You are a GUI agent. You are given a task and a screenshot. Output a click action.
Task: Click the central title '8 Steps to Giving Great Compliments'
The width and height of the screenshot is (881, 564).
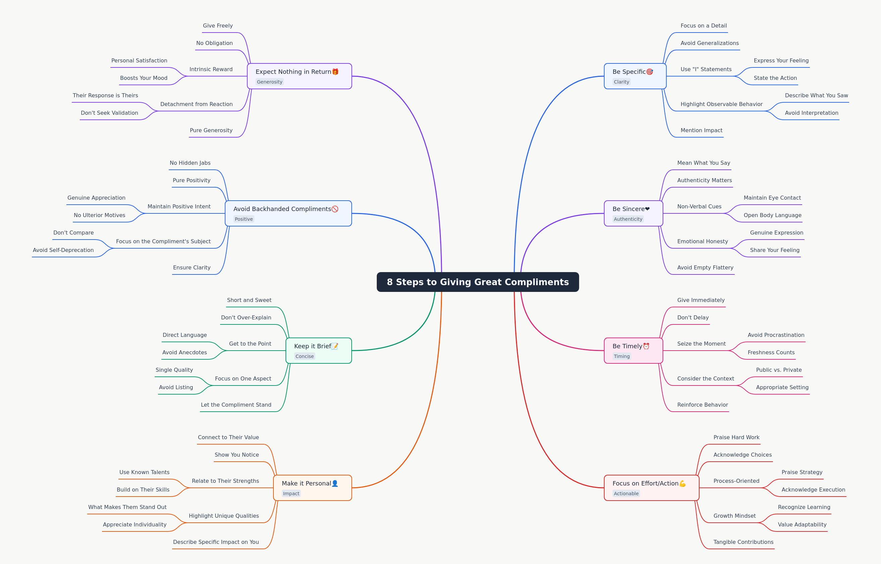(x=477, y=282)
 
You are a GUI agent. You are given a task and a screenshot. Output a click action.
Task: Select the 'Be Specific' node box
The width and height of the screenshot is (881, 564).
(x=635, y=76)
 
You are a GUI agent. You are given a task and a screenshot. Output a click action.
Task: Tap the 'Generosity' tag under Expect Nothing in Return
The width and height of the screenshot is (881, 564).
(x=269, y=82)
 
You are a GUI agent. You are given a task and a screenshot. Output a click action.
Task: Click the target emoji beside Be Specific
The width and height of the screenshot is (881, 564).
(x=650, y=72)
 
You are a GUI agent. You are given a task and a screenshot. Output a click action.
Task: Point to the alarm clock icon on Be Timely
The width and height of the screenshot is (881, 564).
(x=646, y=346)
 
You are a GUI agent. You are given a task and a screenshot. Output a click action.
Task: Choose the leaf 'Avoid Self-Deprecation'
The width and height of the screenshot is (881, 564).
(x=63, y=250)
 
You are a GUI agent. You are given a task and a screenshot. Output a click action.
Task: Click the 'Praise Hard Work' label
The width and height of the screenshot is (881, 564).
(x=736, y=437)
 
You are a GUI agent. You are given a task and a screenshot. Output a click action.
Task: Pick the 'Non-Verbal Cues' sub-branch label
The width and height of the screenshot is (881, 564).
(x=699, y=207)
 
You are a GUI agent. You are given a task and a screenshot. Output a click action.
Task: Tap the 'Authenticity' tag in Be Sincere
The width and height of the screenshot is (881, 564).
(x=628, y=219)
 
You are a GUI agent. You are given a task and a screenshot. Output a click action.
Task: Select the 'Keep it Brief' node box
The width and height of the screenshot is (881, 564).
(x=319, y=351)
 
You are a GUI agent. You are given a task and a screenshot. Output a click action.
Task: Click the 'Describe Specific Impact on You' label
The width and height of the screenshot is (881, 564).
(x=216, y=542)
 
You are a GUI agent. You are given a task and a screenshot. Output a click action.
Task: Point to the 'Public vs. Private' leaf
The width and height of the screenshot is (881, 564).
(x=779, y=370)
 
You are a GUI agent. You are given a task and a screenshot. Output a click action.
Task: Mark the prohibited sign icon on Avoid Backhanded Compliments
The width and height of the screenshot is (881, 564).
(x=335, y=209)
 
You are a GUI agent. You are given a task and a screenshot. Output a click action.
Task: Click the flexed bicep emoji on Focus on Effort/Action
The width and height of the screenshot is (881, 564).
(x=682, y=483)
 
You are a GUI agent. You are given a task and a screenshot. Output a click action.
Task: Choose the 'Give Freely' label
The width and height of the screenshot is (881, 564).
(x=218, y=25)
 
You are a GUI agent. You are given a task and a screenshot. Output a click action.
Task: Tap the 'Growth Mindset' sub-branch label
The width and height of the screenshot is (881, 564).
(x=734, y=516)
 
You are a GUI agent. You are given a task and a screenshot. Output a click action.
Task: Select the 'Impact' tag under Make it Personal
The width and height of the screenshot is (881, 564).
(x=291, y=493)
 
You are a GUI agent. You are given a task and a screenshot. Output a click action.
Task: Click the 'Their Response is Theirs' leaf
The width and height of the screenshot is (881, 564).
(x=105, y=96)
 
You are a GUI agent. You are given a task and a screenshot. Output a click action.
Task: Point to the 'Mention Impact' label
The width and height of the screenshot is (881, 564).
(x=702, y=131)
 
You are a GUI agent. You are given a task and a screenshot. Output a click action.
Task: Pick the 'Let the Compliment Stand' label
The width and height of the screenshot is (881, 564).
(x=236, y=405)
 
